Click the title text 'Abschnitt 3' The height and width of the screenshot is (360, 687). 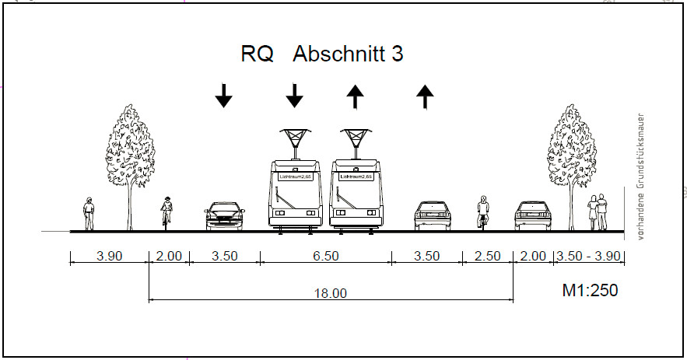tap(348, 55)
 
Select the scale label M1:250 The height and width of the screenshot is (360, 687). tap(590, 291)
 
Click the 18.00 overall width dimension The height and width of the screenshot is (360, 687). tap(330, 293)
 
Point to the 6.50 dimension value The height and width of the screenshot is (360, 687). tap(326, 256)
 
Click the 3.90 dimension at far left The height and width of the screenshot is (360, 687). tap(108, 256)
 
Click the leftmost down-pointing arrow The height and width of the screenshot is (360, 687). tap(223, 96)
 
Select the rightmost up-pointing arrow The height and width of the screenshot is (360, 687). tap(425, 96)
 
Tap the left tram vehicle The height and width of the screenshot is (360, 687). tap(294, 194)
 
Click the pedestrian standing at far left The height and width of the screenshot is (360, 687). tap(89, 213)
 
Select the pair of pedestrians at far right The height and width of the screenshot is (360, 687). tap(598, 212)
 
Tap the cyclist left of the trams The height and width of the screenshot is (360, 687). tap(166, 212)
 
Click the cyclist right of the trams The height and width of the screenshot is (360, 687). tap(483, 212)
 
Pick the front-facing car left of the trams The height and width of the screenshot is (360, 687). tap(223, 216)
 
